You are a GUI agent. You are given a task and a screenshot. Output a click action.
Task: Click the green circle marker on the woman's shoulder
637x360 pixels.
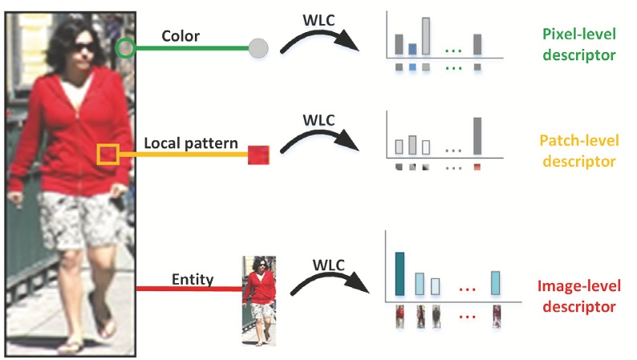pos(124,48)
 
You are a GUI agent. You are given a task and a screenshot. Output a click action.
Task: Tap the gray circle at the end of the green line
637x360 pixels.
pos(258,48)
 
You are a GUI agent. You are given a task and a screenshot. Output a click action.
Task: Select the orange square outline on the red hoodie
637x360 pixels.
pos(108,154)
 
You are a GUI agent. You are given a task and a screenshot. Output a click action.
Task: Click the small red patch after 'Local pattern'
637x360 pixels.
pos(258,154)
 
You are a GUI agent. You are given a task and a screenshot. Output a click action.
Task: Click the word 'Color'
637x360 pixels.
pos(181,36)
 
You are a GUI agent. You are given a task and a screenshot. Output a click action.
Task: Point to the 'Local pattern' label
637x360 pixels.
pos(191,144)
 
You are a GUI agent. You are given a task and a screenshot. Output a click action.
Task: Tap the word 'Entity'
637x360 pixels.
pos(193,279)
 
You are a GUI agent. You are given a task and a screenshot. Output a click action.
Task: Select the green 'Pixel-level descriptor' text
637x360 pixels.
pos(578,45)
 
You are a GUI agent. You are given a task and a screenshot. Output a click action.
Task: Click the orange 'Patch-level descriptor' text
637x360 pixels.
pos(578,152)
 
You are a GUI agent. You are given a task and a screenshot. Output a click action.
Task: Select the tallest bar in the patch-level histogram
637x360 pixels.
pos(477,136)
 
